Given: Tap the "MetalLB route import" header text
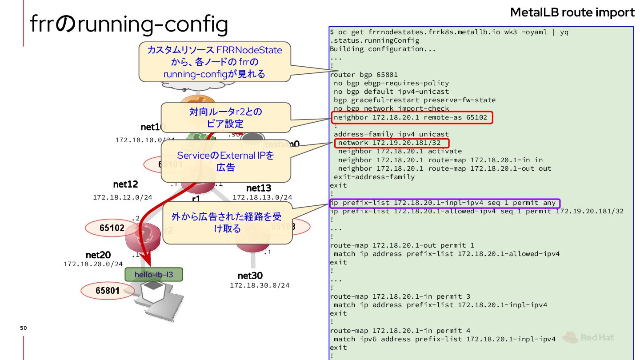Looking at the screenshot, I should (x=572, y=12).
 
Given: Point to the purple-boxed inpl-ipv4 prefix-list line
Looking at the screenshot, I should (x=444, y=203).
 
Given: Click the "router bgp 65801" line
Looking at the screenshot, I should (x=364, y=75).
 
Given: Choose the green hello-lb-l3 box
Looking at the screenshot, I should (x=154, y=275).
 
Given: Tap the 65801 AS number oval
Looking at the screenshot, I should (x=107, y=291).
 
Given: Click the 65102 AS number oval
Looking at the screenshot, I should (x=112, y=228).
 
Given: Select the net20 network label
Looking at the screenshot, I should (x=98, y=255).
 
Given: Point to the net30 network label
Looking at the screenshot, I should (x=250, y=276).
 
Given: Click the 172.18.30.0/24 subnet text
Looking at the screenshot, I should (x=260, y=285).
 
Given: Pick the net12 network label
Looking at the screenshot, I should (x=125, y=184).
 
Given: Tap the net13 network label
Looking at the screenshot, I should (x=259, y=188).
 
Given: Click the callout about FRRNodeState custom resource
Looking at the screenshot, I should (x=215, y=62).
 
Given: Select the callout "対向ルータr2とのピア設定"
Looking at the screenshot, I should (x=225, y=117).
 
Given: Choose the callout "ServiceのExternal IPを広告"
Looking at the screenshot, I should (x=225, y=161).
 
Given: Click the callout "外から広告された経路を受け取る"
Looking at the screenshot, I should (x=227, y=223).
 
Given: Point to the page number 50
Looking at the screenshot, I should (x=24, y=328).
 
